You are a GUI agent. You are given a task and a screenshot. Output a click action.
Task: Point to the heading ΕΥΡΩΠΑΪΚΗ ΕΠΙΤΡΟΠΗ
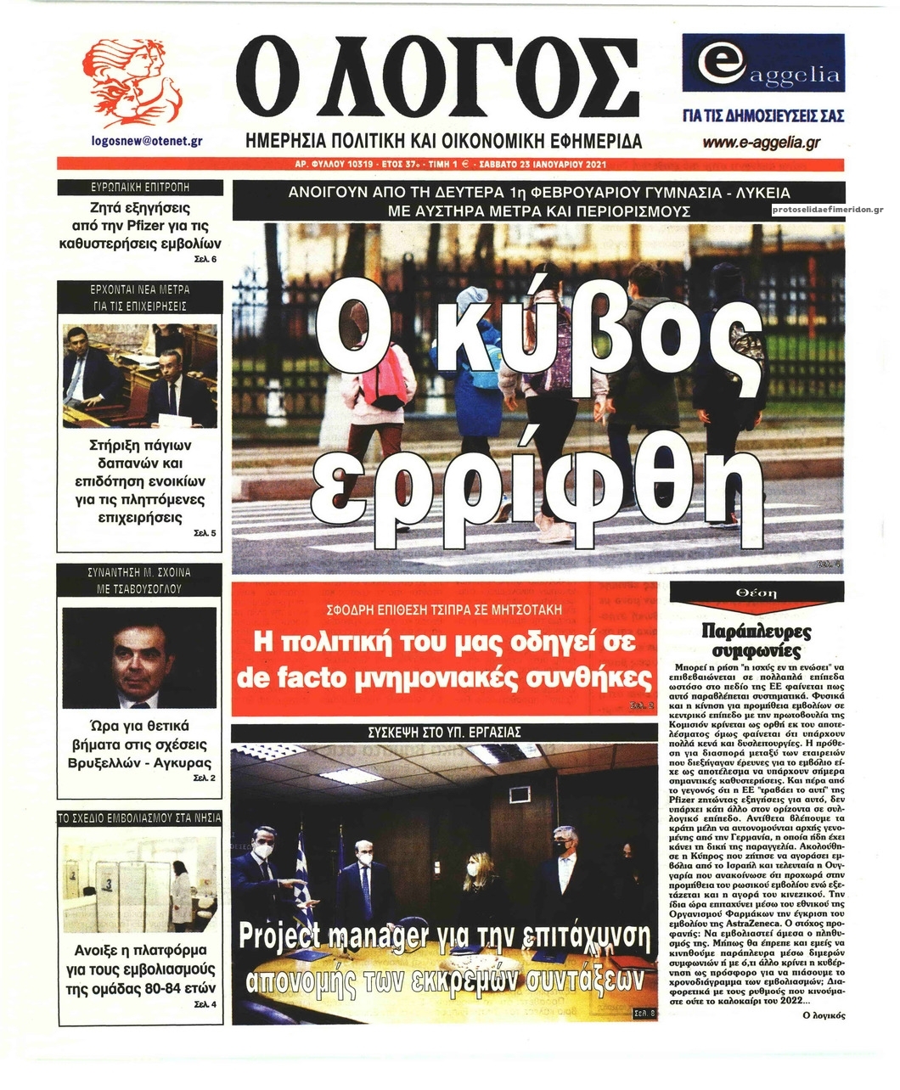[140, 187]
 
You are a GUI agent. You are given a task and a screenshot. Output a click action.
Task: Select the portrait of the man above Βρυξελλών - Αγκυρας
[140, 657]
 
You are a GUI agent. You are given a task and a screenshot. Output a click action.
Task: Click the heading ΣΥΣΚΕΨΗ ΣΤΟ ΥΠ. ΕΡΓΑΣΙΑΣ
[444, 732]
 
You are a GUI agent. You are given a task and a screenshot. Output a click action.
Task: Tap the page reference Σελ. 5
[205, 533]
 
